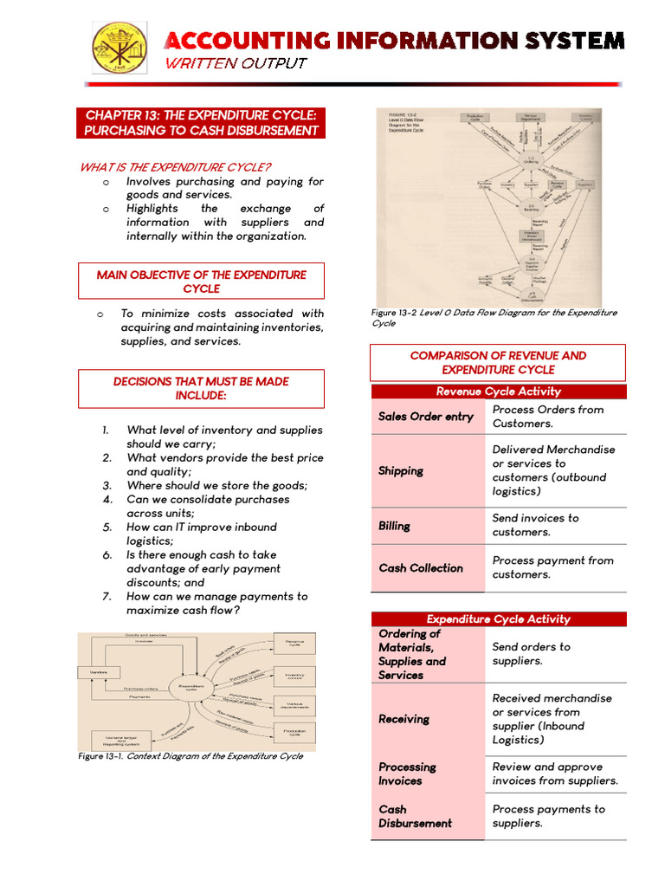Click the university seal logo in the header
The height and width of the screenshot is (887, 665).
point(119,47)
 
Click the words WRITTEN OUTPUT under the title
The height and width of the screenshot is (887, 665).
point(236,63)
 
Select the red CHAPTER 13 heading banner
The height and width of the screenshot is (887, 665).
point(201,123)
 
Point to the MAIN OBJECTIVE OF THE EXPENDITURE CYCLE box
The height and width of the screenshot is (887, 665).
point(201,282)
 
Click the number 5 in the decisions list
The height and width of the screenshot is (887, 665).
point(107,527)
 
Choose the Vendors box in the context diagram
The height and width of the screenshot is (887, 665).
point(96,671)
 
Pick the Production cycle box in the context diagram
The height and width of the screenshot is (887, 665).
point(294,733)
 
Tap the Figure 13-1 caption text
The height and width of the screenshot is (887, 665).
point(190,756)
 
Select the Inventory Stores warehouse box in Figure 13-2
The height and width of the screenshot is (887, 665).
point(531,235)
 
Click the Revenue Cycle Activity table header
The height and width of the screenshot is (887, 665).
point(498,392)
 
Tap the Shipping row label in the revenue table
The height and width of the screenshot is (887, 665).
point(401,471)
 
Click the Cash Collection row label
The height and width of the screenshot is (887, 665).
point(421,568)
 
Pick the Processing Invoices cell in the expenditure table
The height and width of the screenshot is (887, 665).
point(407,774)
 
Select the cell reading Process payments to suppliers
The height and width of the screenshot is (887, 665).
point(548,816)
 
